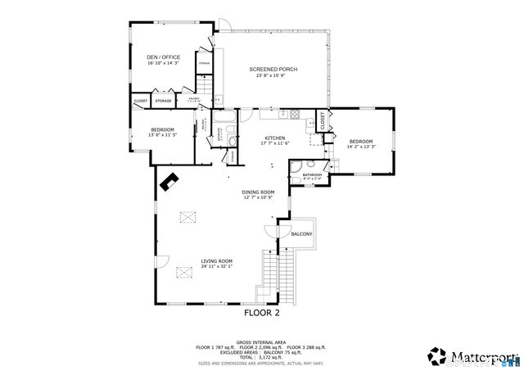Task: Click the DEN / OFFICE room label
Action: pos(164,57)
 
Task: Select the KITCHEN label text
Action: pos(274,138)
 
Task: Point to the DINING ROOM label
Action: pos(258,192)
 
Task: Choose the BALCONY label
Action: pos(301,234)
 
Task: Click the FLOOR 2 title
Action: pos(262,313)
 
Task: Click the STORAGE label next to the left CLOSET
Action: pos(163,101)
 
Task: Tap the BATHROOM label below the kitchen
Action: pos(311,174)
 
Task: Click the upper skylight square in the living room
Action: pos(190,216)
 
